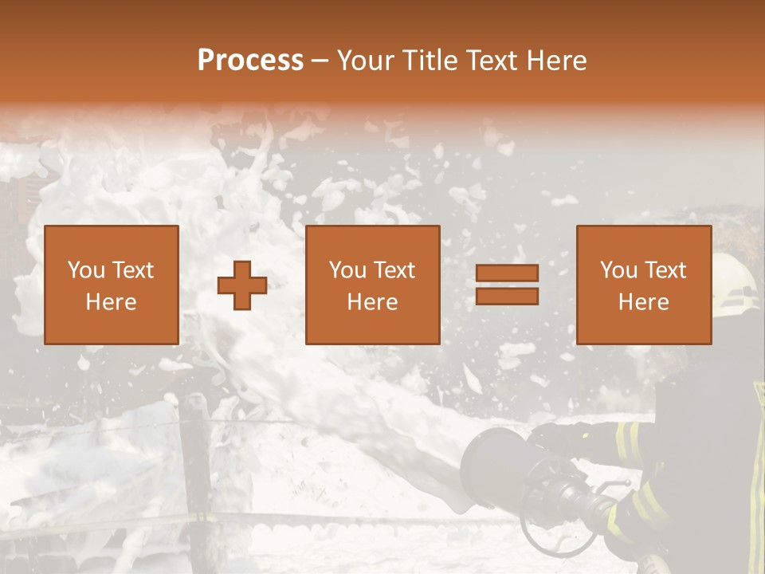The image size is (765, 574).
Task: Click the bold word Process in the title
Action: (x=250, y=61)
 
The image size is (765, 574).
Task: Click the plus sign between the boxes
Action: (x=242, y=285)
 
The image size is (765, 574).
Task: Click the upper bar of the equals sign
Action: (x=507, y=273)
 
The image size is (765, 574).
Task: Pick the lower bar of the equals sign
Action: (x=507, y=297)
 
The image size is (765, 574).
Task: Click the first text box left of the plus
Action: (x=112, y=285)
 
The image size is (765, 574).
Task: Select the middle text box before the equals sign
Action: (x=372, y=285)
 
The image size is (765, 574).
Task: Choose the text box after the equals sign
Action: (x=643, y=285)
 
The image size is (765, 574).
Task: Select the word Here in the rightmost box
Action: (x=643, y=302)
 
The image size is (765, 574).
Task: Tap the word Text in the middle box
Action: (x=394, y=270)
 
